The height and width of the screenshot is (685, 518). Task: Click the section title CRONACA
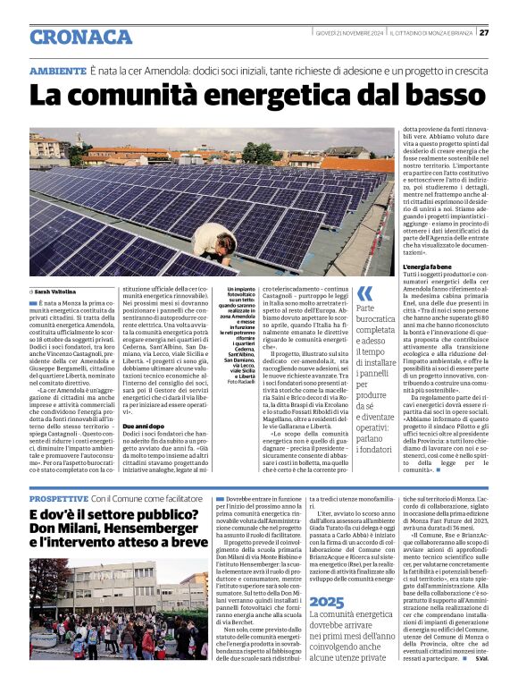(x=80, y=37)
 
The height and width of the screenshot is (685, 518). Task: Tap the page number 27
(x=483, y=33)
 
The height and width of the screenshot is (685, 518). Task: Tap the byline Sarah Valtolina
(x=55, y=292)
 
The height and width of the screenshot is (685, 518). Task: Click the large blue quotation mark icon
(x=363, y=294)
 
